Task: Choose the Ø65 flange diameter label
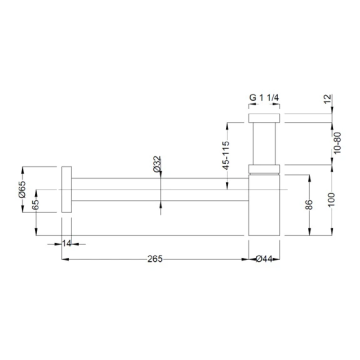(37, 186)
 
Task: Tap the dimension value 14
(67, 243)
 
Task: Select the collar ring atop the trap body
(265, 167)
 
